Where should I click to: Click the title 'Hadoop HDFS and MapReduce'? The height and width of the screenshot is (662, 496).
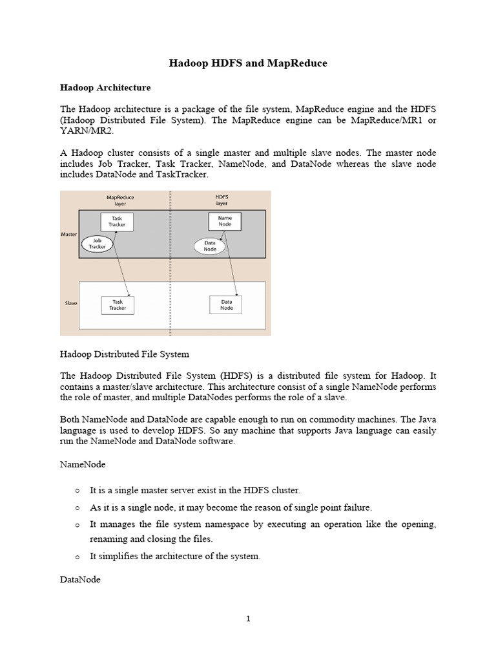point(248,63)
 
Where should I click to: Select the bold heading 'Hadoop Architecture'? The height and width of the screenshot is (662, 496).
point(105,87)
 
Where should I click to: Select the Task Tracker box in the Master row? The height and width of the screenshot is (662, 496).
point(117,222)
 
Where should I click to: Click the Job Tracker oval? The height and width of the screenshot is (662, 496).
point(97,244)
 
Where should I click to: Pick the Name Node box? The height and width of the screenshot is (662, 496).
point(225,222)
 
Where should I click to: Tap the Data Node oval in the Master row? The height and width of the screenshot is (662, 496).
point(210,246)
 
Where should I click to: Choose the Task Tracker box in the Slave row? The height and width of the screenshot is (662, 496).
point(118,304)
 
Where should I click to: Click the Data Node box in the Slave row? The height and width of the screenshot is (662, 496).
point(227,304)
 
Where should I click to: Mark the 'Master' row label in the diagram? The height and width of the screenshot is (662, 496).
point(69,234)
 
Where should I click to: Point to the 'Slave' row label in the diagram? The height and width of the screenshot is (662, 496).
point(71,303)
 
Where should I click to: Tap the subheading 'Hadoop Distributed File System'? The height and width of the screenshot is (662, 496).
point(125,354)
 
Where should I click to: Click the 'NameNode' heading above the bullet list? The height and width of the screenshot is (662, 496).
point(83,464)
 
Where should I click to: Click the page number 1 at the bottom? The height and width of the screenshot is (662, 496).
point(248,619)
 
